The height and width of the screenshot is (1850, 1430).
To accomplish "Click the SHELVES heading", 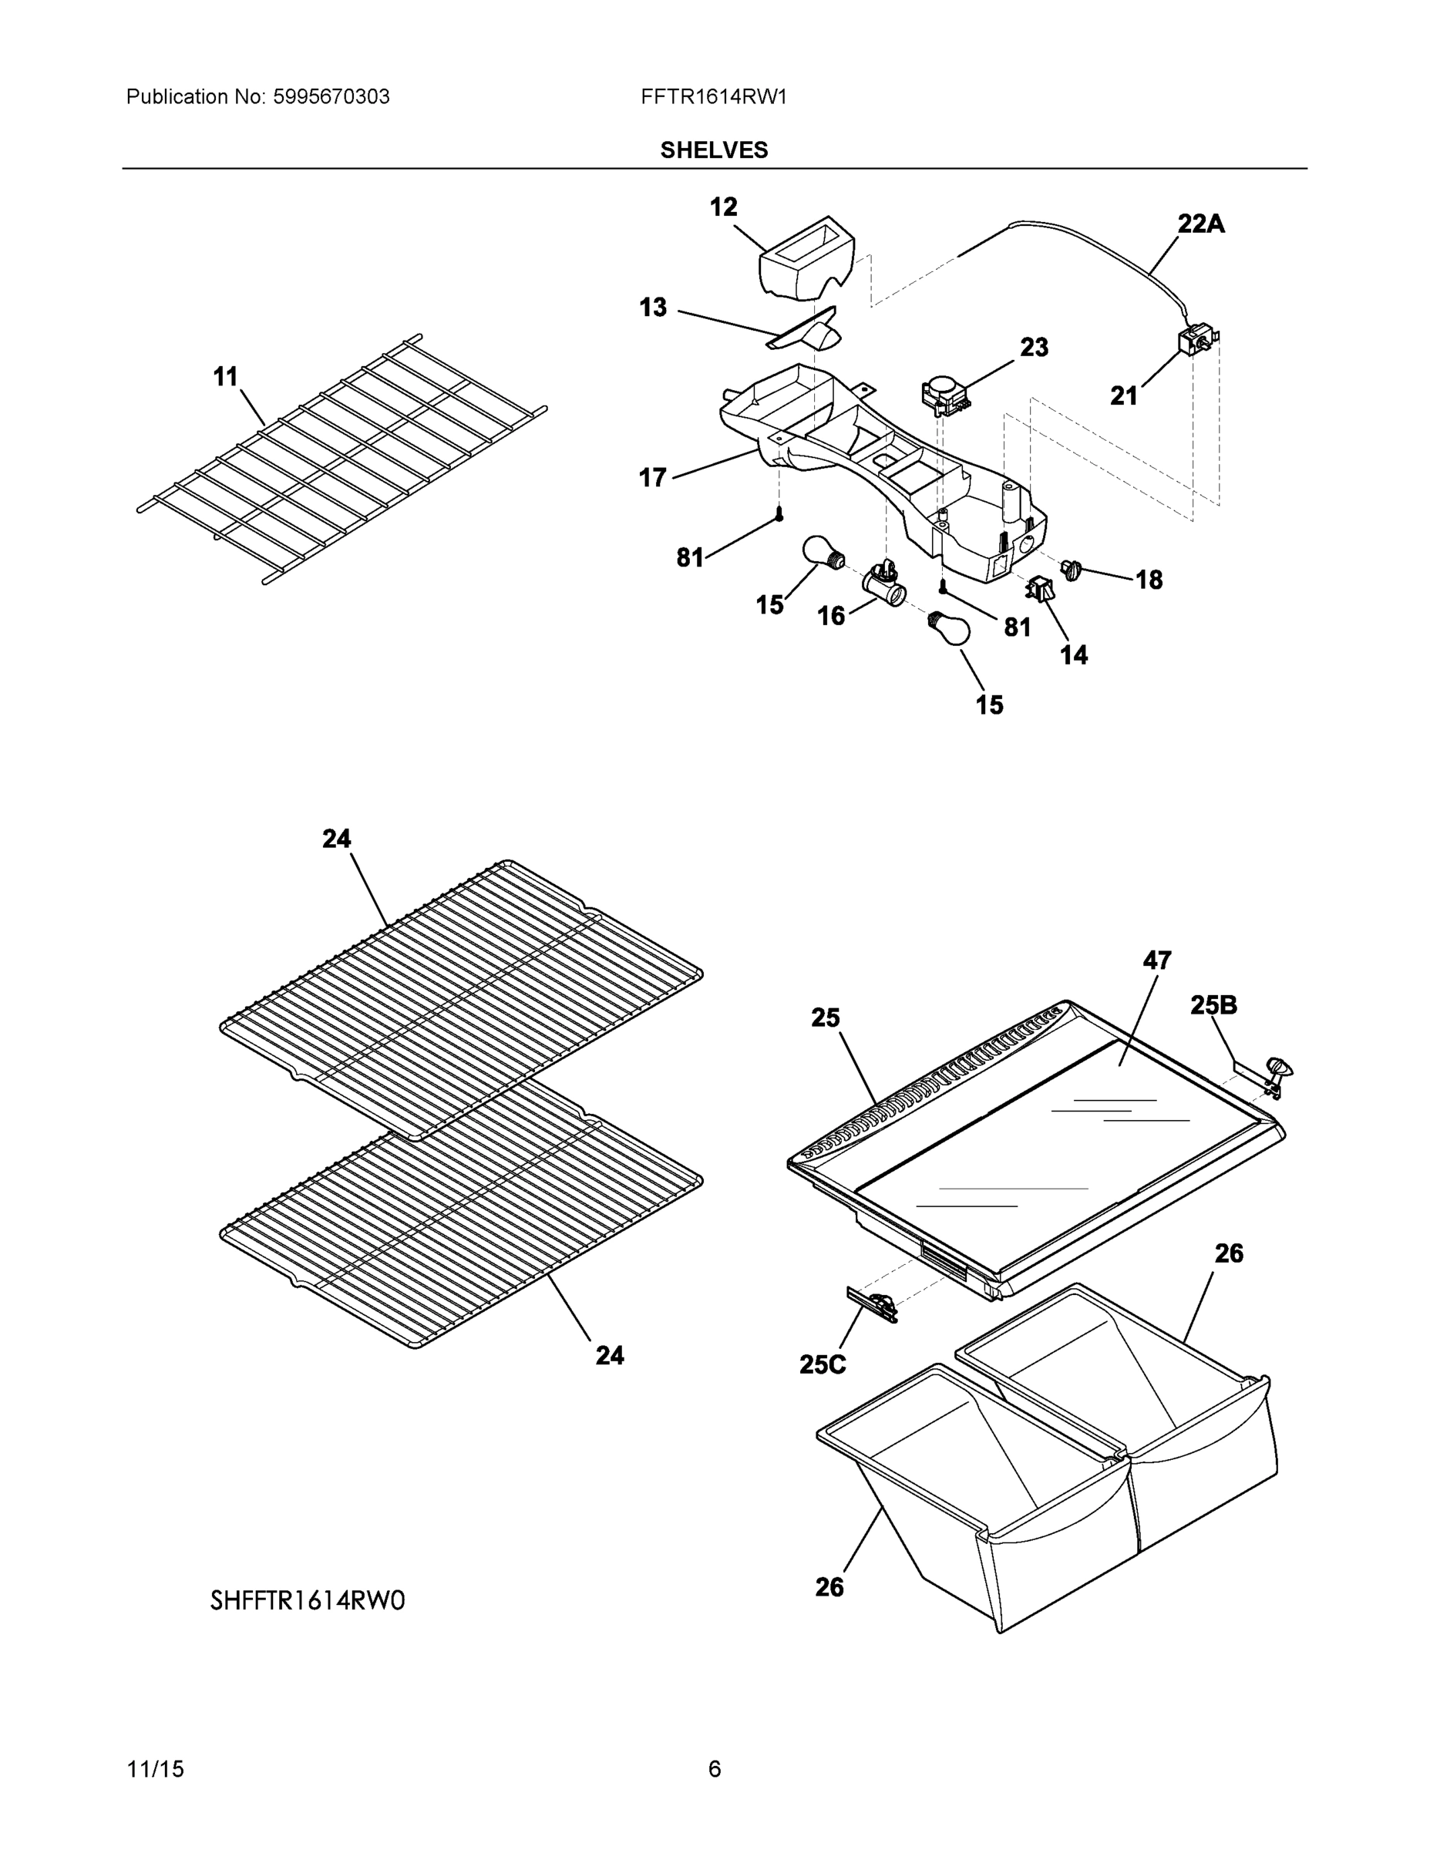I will [714, 150].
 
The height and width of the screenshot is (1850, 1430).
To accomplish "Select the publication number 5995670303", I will [331, 97].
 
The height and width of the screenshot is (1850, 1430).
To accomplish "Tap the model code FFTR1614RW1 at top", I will [714, 97].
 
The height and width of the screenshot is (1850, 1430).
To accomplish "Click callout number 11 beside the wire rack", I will [225, 377].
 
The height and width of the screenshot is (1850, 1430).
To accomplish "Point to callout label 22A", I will [1200, 224].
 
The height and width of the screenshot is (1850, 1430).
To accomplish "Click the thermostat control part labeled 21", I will [1197, 342].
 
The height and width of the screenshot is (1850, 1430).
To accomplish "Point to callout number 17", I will [652, 479].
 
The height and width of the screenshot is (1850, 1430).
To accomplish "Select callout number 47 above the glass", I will [1156, 960].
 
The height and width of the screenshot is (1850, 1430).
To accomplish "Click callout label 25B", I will [1213, 1005].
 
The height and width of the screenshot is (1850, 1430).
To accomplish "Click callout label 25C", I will [822, 1364].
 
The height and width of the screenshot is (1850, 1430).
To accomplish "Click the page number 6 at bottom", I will [714, 1770].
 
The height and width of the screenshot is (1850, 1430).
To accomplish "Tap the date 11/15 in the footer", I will [155, 1770].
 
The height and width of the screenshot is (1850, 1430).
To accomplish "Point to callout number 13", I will [652, 308].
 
